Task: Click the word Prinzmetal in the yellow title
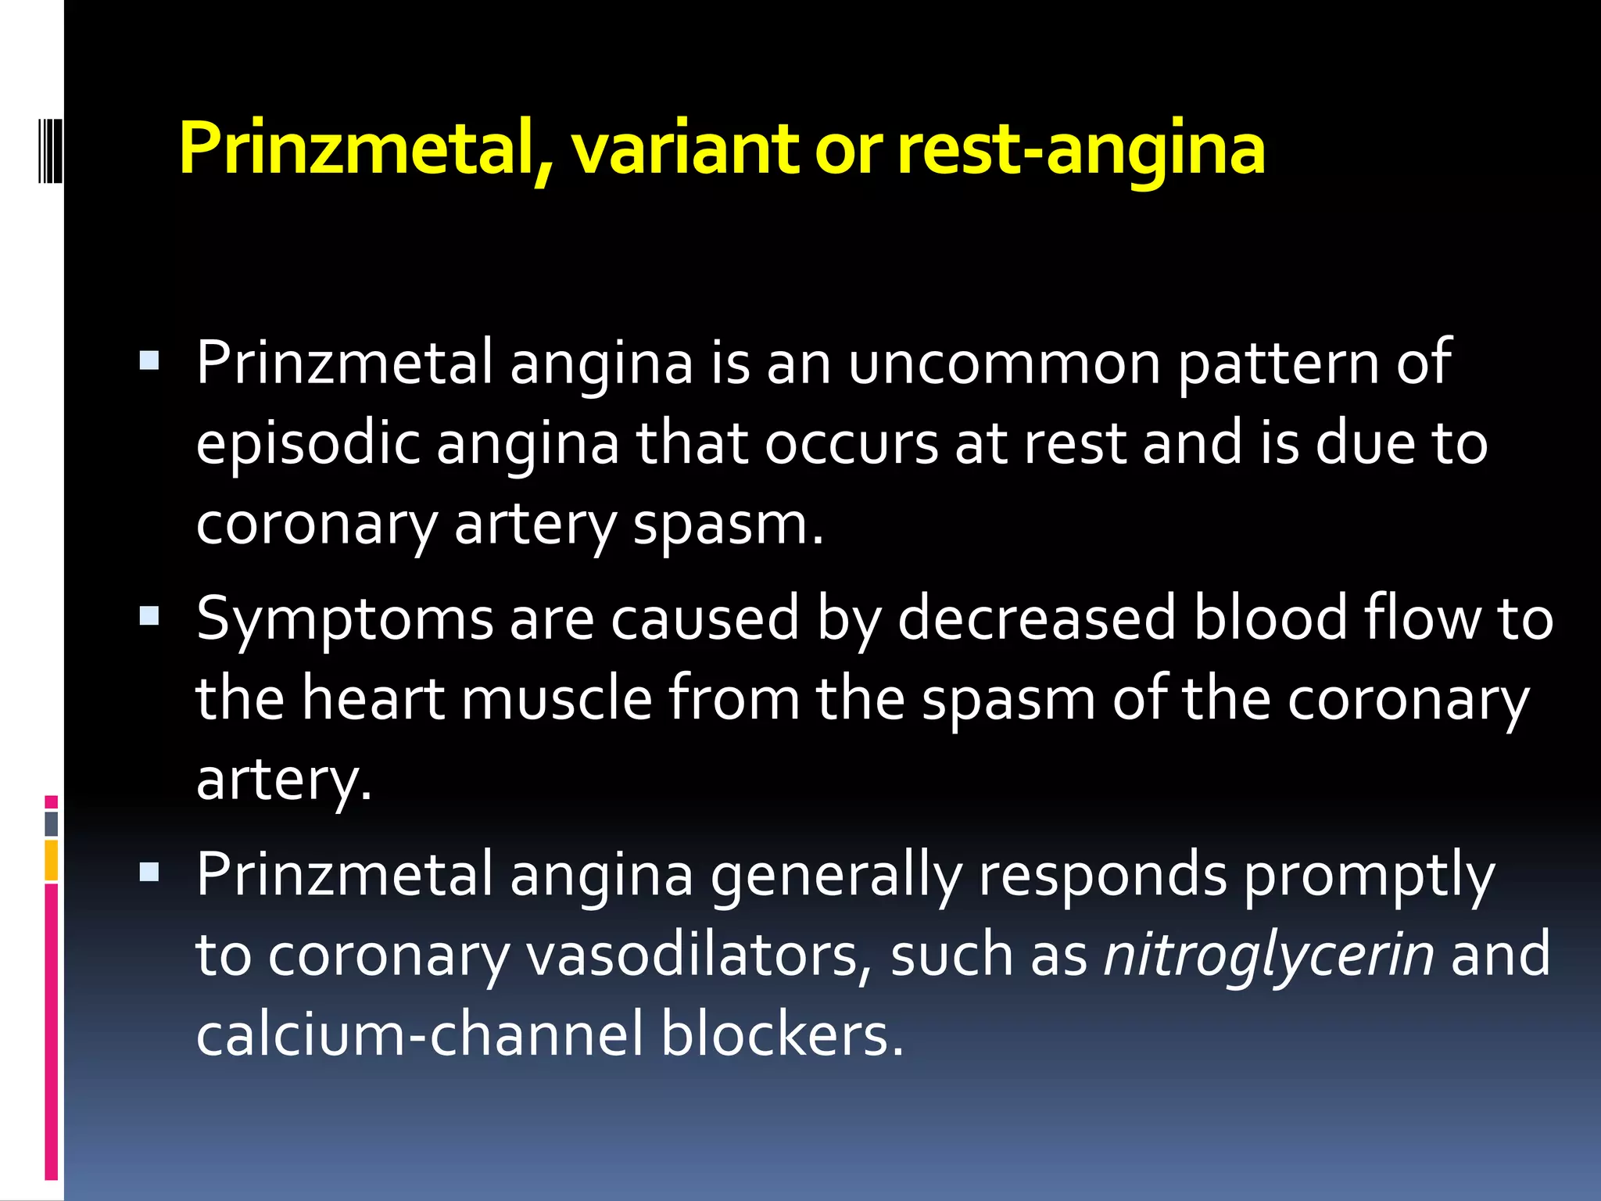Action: tap(364, 149)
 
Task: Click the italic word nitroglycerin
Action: tap(1268, 955)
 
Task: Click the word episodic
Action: tap(307, 444)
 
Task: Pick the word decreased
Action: tap(1037, 618)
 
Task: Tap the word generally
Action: tap(836, 876)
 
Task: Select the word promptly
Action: tap(1369, 876)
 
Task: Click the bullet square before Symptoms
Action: tap(149, 616)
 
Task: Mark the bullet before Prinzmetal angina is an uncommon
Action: tap(149, 360)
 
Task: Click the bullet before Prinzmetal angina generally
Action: tap(149, 871)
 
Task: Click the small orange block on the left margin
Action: tap(52, 860)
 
